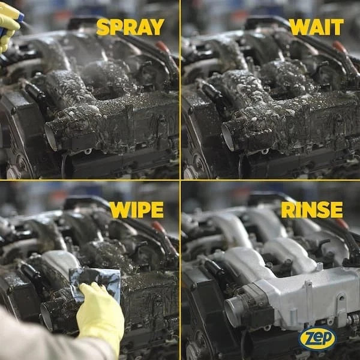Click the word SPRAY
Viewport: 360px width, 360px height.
click(x=130, y=27)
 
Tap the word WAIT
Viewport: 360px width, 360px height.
click(x=316, y=27)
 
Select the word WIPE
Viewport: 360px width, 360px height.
click(x=137, y=210)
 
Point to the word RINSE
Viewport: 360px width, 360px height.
click(x=312, y=209)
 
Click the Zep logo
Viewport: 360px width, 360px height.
click(x=317, y=338)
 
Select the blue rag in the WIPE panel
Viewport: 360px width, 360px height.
click(x=95, y=284)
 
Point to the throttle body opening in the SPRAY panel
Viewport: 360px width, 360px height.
click(x=51, y=137)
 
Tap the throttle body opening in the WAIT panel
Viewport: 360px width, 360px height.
click(x=228, y=137)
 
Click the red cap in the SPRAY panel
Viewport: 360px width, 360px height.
click(x=163, y=47)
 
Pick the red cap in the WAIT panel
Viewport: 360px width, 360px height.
click(x=340, y=47)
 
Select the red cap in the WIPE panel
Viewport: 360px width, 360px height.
click(x=158, y=227)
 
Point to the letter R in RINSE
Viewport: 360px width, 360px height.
click(x=287, y=210)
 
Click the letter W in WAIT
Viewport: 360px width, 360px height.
click(x=299, y=27)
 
